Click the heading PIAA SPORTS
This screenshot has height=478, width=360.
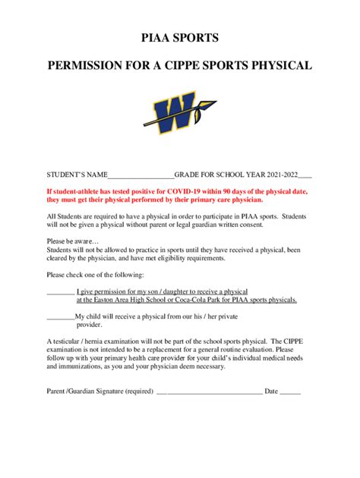[x=180, y=37]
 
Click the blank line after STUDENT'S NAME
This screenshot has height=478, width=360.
[x=143, y=175]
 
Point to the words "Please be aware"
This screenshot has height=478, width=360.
[x=68, y=239]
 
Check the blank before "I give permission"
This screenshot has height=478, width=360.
[x=60, y=291]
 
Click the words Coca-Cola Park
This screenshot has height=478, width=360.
[x=201, y=300]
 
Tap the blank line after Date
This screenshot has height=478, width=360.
[x=291, y=392]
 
